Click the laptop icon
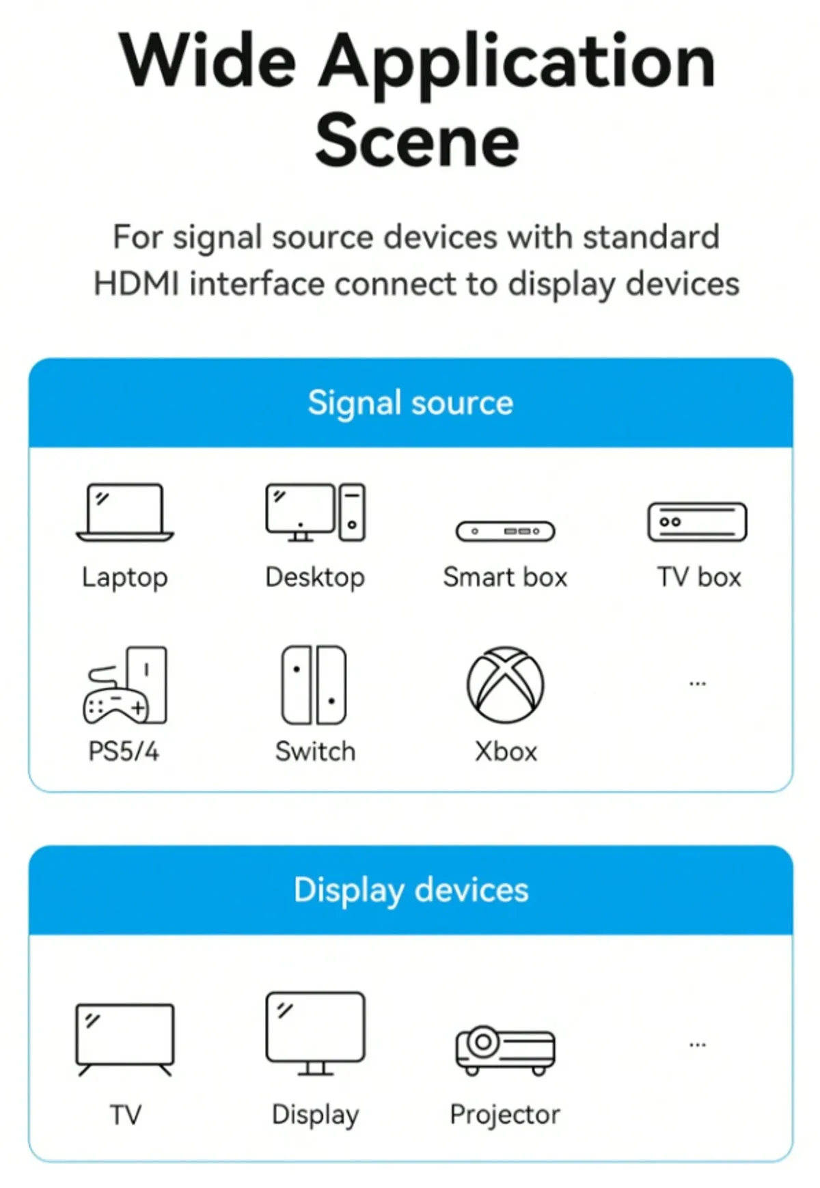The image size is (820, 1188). pos(125,513)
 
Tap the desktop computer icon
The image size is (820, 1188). pos(315,512)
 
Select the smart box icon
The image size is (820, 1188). pos(506,531)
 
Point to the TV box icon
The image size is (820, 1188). pos(697,522)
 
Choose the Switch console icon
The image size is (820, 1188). pos(314,685)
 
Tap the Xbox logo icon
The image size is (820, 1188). pos(506,685)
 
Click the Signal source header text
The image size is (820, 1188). pos(411,403)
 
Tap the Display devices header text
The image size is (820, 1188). pos(411,891)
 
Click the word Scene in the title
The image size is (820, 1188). pos(418,141)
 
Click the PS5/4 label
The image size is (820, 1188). pos(124,751)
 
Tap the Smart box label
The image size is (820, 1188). pos(506,577)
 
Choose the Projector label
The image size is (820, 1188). pos(505,1115)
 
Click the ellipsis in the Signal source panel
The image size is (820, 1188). pos(698,684)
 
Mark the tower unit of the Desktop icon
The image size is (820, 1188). pos(352,512)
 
